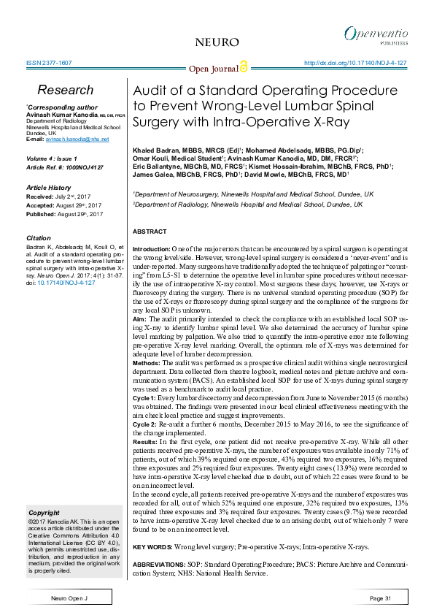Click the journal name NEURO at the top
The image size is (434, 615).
[217, 42]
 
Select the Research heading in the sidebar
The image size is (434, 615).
[65, 90]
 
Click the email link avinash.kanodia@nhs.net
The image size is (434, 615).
[66, 139]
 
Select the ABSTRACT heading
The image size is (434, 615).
[150, 232]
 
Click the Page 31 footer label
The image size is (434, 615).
[380, 599]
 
